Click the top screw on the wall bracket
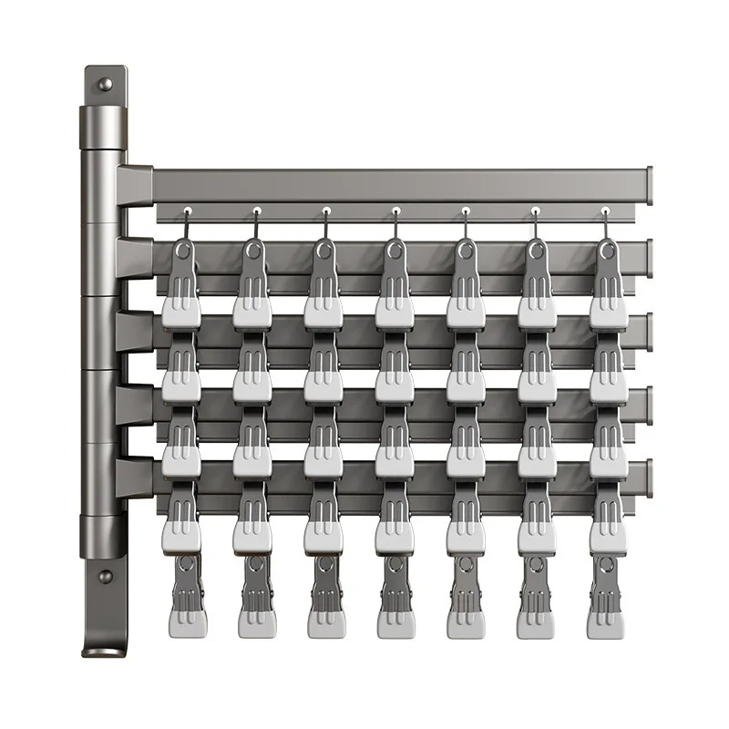(106, 85)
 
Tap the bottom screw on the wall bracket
(106, 577)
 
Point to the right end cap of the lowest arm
(650, 474)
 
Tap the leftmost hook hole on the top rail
(186, 210)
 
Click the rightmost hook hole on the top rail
(606, 210)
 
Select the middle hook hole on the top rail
(395, 210)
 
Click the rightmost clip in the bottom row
(605, 597)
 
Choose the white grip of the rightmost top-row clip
(608, 313)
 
